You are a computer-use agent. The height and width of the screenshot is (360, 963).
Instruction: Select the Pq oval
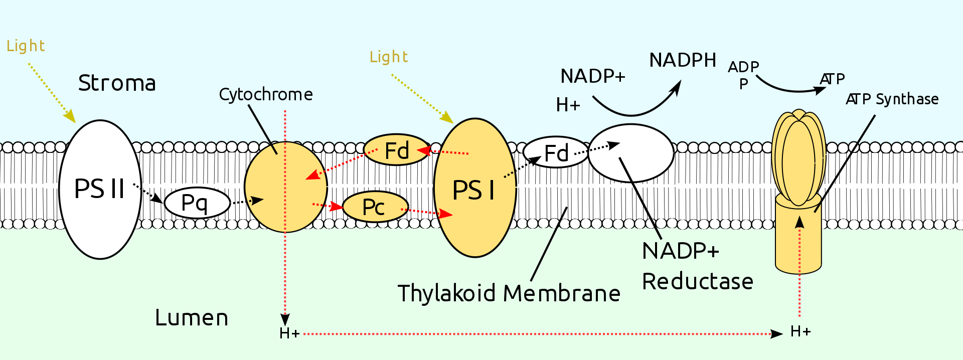click(197, 203)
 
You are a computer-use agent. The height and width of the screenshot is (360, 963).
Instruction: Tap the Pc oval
click(375, 207)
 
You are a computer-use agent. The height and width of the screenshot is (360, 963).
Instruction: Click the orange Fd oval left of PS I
click(396, 150)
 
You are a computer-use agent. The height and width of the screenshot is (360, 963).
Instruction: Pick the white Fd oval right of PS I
click(555, 152)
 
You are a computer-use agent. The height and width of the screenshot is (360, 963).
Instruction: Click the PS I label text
click(473, 191)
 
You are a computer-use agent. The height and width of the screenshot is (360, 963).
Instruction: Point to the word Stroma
click(117, 83)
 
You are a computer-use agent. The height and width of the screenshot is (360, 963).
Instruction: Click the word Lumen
click(192, 318)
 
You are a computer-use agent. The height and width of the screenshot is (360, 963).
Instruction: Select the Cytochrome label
click(266, 94)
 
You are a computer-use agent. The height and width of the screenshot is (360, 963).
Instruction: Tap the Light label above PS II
click(26, 46)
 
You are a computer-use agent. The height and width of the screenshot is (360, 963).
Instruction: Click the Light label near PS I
click(389, 57)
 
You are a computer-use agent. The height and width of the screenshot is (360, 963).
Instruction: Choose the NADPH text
click(683, 60)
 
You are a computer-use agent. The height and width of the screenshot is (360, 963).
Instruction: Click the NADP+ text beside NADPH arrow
click(593, 76)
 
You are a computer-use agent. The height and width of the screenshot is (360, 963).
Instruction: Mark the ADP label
click(743, 67)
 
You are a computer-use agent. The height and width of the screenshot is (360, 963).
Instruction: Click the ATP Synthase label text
click(892, 99)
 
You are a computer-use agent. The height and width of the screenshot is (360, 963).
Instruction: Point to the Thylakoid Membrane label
click(509, 293)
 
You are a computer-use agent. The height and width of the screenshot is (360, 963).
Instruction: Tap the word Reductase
click(697, 282)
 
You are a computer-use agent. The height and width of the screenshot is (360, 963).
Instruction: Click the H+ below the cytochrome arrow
click(289, 333)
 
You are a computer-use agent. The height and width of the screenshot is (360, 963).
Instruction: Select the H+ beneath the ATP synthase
click(800, 331)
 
